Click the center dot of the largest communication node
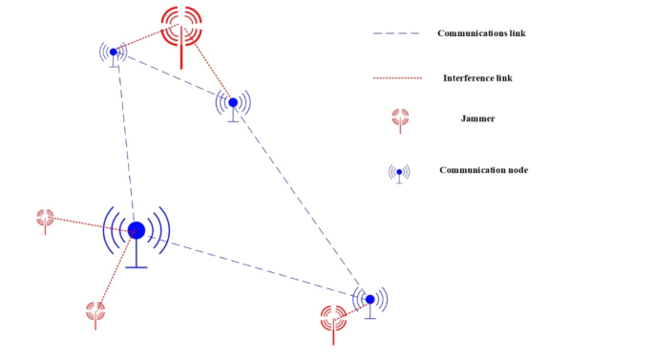[137, 229]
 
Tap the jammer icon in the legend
[400, 117]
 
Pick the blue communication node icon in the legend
[399, 172]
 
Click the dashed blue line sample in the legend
[396, 34]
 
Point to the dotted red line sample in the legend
[396, 77]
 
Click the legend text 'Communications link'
[481, 33]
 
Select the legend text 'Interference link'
[477, 77]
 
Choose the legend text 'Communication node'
[483, 170]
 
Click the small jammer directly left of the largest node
[45, 218]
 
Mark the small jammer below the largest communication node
[95, 309]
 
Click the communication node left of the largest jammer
[113, 52]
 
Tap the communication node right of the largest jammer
[233, 102]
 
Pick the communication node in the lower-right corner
[369, 299]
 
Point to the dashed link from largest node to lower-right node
[253, 265]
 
